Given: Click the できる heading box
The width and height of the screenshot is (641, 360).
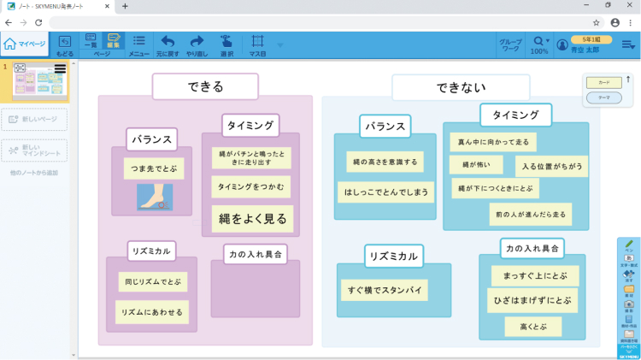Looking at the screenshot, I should click(205, 86).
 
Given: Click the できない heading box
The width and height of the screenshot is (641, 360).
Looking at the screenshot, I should click(461, 87).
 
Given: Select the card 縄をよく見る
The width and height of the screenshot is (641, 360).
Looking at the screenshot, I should click(253, 219).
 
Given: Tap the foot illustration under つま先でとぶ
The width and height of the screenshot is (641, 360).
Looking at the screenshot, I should click(155, 197).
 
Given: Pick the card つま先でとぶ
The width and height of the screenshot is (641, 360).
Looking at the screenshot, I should click(154, 168).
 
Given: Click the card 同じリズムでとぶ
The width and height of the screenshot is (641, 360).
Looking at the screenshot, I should click(153, 281).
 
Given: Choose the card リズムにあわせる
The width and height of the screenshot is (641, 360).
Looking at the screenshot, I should click(152, 312).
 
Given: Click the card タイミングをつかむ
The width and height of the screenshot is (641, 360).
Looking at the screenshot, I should click(252, 186).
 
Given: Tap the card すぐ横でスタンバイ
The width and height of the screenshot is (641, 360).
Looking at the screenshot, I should click(384, 290).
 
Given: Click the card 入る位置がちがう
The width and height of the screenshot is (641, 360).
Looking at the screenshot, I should click(551, 166).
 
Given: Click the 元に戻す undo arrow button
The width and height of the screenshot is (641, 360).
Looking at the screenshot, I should click(168, 44).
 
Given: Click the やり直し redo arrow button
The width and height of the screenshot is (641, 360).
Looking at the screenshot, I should click(197, 44).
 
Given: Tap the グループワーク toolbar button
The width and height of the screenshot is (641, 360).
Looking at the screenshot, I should click(510, 44).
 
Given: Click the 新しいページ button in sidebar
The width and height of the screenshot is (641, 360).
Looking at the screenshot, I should click(34, 120).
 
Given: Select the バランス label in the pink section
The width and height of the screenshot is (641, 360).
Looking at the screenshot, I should click(151, 139).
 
